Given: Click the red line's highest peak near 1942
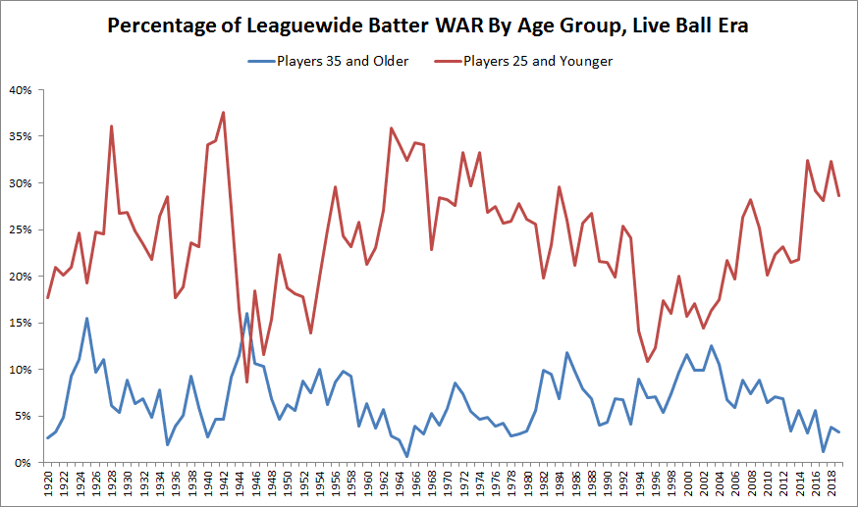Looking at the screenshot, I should click(x=224, y=112).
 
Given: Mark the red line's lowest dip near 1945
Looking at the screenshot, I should click(x=247, y=381).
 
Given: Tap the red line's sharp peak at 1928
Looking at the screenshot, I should click(x=112, y=126).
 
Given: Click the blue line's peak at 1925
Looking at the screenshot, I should click(x=87, y=318).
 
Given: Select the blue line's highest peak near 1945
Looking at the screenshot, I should click(x=246, y=314).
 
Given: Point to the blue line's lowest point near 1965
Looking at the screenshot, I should click(x=407, y=456).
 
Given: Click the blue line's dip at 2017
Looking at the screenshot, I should click(x=824, y=451).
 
